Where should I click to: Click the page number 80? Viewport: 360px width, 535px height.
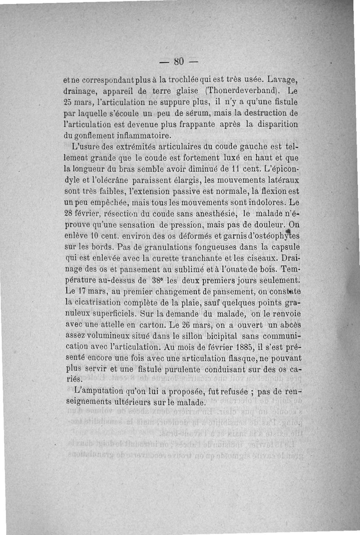tap(180, 61)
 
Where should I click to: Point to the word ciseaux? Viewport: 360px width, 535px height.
tap(263, 259)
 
